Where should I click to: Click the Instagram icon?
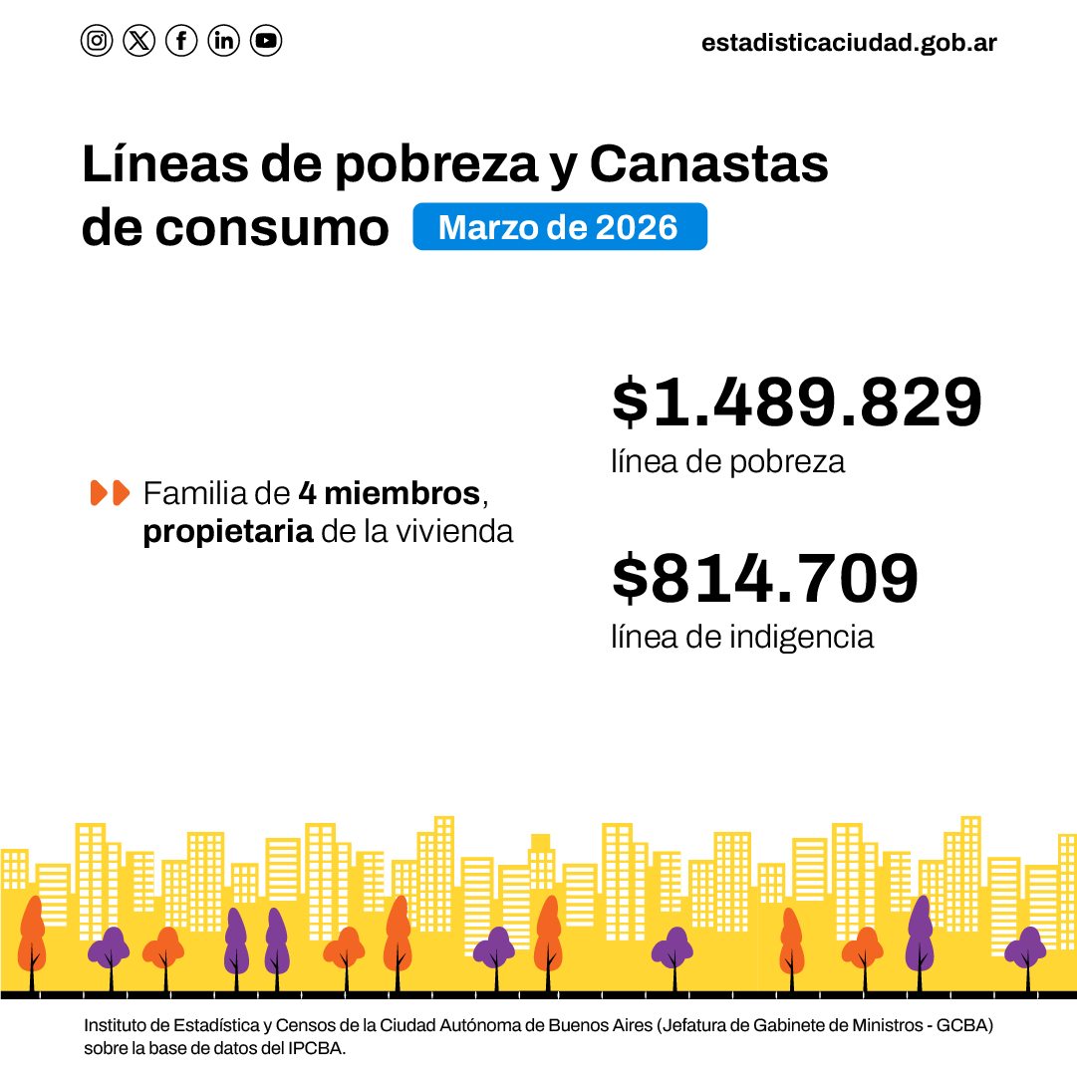pos(97,41)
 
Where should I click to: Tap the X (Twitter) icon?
pos(139,41)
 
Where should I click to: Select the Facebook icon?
pos(181,41)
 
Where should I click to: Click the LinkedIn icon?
pos(224,41)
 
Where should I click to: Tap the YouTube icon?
pos(266,41)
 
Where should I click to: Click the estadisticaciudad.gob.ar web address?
pos(849,43)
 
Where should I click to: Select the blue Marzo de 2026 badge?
pos(559,227)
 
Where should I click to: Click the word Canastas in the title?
pos(708,164)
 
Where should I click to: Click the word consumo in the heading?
pos(272,228)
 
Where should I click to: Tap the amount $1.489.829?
pos(797,404)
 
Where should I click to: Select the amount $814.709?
pos(765,579)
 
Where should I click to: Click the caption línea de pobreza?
pos(727,461)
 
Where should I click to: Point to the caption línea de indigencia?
pos(742,637)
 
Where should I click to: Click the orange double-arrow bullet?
pos(110,492)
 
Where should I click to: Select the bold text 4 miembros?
pos(390,493)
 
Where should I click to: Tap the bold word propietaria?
pos(228,532)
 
